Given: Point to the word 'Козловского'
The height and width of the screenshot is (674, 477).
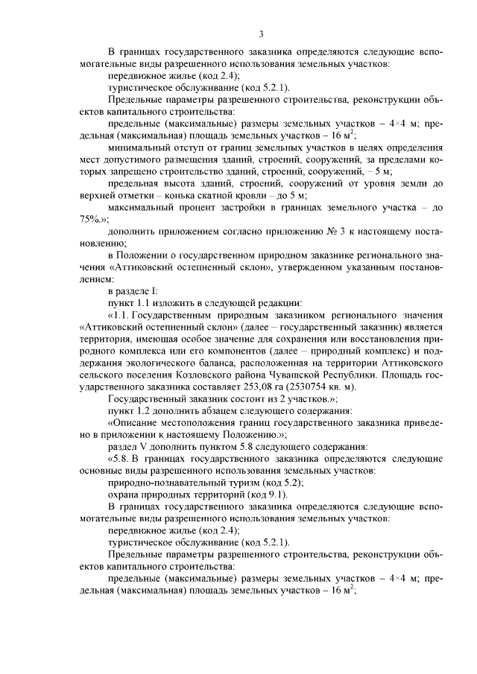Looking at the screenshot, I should click(195, 373).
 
